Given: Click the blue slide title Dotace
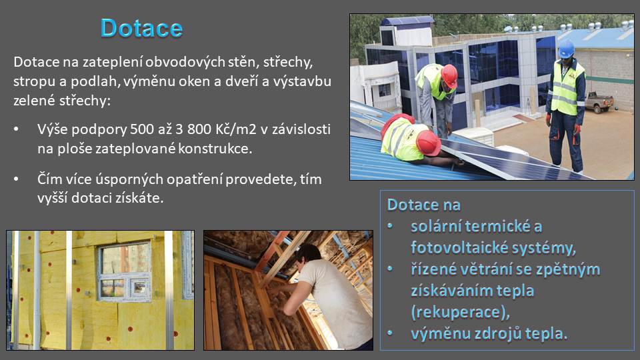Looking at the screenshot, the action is pyautogui.click(x=141, y=28).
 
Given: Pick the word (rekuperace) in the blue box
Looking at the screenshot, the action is pyautogui.click(x=461, y=312).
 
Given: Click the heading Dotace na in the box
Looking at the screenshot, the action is pyautogui.click(x=424, y=205).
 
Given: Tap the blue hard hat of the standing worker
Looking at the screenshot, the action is pyautogui.click(x=566, y=49).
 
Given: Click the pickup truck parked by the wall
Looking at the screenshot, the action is pyautogui.click(x=599, y=102).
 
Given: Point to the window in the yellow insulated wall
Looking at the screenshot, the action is pyautogui.click(x=125, y=271).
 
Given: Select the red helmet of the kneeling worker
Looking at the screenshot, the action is pyautogui.click(x=428, y=143).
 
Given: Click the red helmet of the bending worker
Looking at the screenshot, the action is pyautogui.click(x=449, y=75).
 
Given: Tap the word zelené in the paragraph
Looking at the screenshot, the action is pyautogui.click(x=35, y=101).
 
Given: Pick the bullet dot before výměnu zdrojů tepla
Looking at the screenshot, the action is pyautogui.click(x=390, y=333).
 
